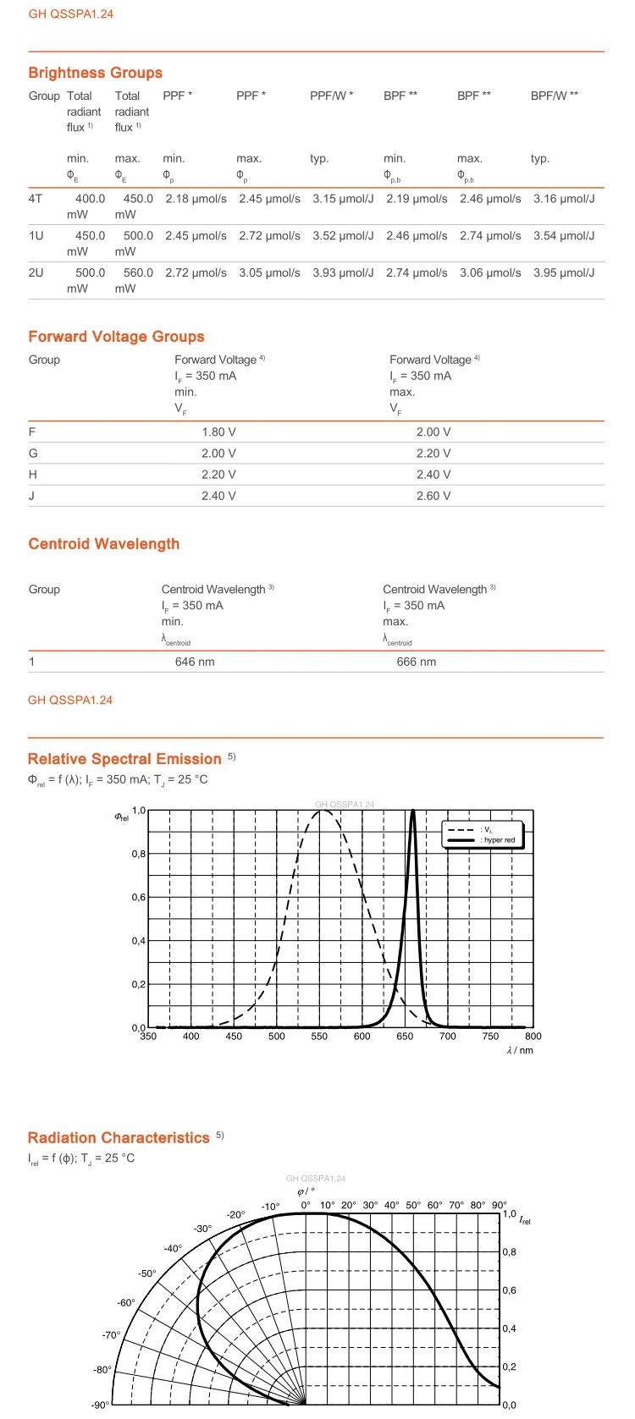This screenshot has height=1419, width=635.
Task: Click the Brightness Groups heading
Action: pos(95,73)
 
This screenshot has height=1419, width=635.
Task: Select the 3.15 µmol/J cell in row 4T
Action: pos(342,199)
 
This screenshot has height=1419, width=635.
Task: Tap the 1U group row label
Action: pos(36,236)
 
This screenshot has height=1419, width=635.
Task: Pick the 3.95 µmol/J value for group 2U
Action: pos(564,273)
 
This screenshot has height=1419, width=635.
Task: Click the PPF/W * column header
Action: pos(331,96)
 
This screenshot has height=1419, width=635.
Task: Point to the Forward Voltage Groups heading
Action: pos(116,337)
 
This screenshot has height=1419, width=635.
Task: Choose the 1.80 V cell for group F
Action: pos(218,432)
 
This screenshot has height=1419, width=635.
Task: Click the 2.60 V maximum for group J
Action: pos(433,497)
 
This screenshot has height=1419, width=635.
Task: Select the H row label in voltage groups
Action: pos(32,475)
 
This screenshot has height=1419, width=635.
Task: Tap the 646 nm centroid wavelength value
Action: pos(195,663)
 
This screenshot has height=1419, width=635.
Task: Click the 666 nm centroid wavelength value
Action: pos(416,663)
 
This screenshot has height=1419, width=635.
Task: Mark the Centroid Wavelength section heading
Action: pos(103,544)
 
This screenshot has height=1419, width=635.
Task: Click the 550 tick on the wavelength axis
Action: pos(319,1037)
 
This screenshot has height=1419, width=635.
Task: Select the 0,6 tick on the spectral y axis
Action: pos(138,898)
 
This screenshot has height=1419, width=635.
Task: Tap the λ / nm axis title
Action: pos(520,1051)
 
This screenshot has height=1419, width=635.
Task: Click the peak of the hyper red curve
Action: pos(412,811)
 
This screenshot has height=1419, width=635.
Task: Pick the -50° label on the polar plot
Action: pos(147,1273)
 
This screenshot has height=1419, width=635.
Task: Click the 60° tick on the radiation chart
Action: pos(434,1205)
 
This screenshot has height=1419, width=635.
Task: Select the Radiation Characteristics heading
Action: pos(119,1138)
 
